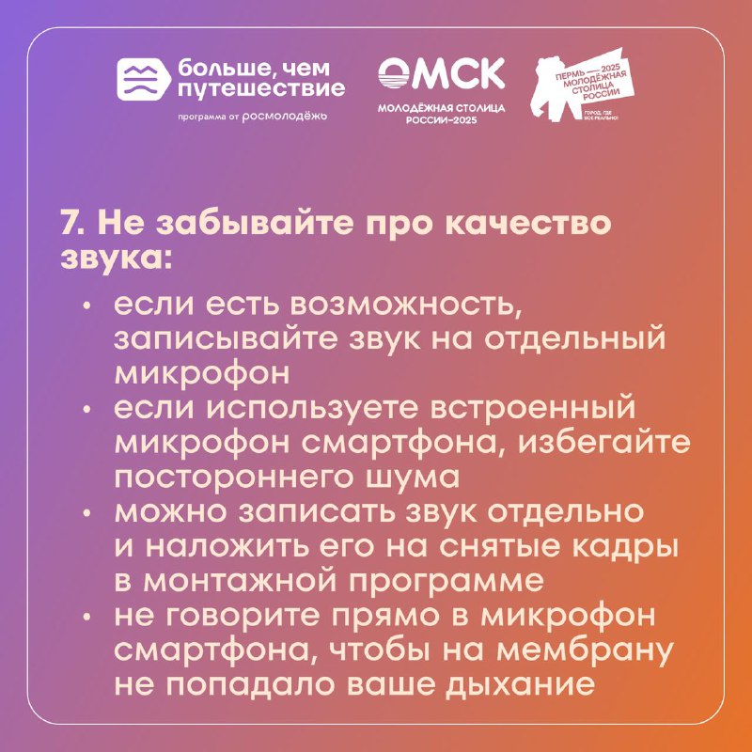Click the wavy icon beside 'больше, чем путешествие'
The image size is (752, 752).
pyautogui.click(x=144, y=79)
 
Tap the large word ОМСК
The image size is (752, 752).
pyautogui.click(x=441, y=73)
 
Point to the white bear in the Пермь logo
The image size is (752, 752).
pyautogui.click(x=556, y=87)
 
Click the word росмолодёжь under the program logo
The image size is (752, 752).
pyautogui.click(x=285, y=116)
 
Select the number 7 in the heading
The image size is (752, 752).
pyautogui.click(x=69, y=224)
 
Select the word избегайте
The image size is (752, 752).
pyautogui.click(x=603, y=443)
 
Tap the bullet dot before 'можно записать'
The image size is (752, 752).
pyautogui.click(x=86, y=513)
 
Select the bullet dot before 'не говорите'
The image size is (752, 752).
pyautogui.click(x=86, y=618)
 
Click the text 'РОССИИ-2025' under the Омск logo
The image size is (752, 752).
pyautogui.click(x=441, y=120)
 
